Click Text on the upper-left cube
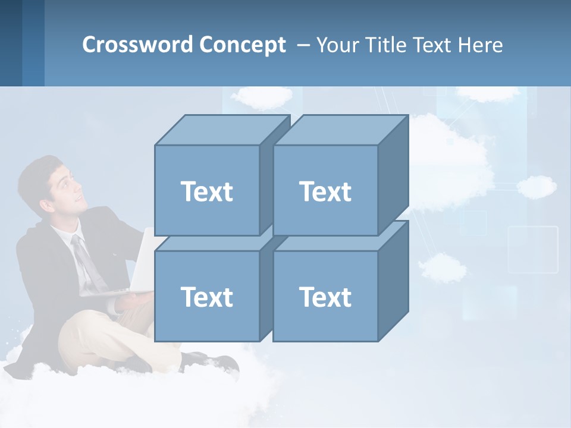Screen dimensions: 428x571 (206, 191)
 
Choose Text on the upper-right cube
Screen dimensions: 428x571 (325, 191)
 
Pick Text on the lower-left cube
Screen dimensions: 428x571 (206, 297)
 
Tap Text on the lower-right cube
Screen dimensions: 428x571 (325, 297)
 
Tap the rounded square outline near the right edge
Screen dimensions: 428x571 (533, 249)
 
